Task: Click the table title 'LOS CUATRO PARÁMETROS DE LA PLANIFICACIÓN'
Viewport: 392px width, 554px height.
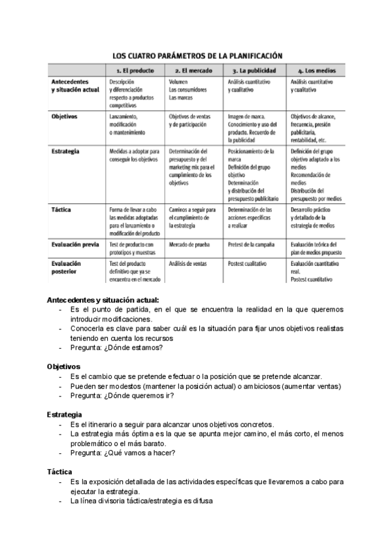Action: (196, 56)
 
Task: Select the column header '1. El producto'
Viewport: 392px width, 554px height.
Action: (134, 69)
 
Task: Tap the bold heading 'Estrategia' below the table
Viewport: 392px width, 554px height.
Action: (64, 414)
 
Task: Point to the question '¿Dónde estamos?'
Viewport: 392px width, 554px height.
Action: (136, 347)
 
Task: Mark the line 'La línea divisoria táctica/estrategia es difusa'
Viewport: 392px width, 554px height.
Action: (141, 501)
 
